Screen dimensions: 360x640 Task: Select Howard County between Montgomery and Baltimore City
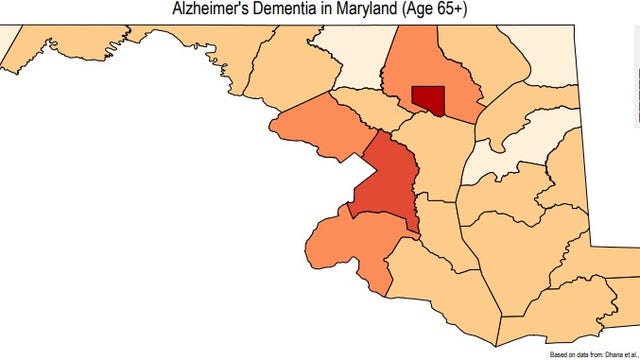pyautogui.click(x=369, y=110)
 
